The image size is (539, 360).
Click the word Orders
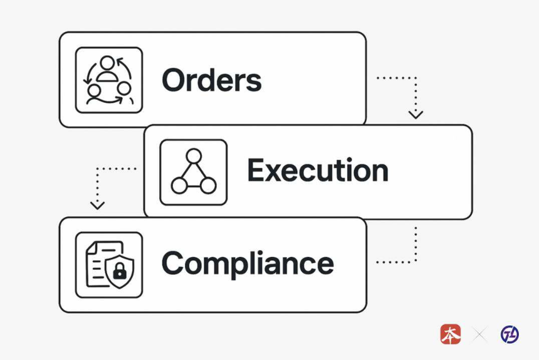[211, 80]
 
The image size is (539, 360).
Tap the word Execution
[317, 171]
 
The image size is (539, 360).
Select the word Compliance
[248, 264]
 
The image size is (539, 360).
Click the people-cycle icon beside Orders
[109, 80]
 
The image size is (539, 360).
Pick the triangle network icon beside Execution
[194, 172]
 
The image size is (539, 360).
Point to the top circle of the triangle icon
[194, 156]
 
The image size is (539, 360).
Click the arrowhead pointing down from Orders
[415, 114]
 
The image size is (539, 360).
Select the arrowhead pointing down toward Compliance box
[97, 204]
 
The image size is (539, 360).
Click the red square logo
[450, 334]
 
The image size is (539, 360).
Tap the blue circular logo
[510, 334]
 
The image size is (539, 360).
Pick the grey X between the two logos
[480, 335]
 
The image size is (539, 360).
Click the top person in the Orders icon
[108, 65]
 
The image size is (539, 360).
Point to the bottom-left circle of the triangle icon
[179, 186]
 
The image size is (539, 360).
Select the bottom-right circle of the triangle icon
[209, 186]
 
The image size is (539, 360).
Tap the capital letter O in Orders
[174, 80]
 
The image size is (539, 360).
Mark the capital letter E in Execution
[256, 171]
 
